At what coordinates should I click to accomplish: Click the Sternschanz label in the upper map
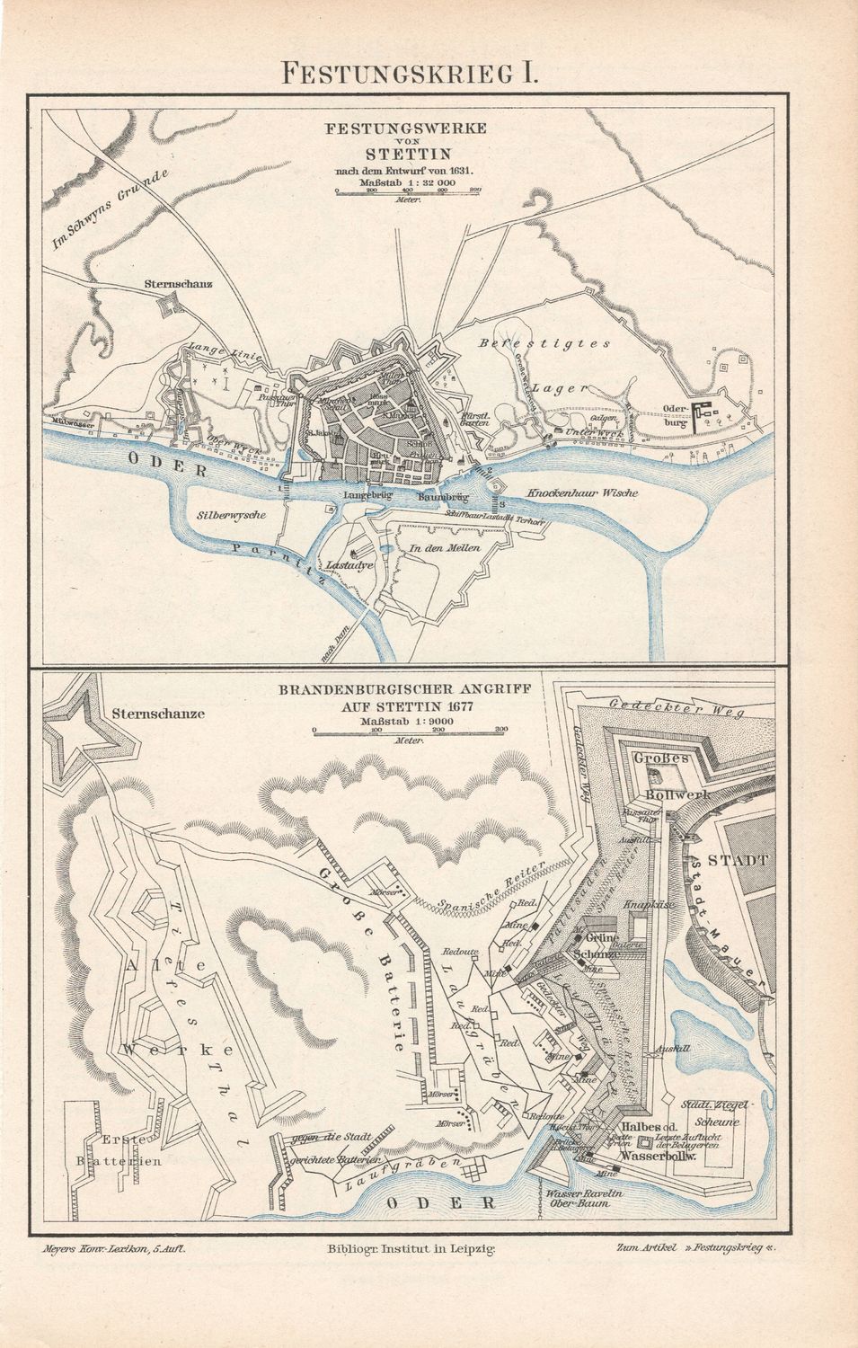click(178, 285)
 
